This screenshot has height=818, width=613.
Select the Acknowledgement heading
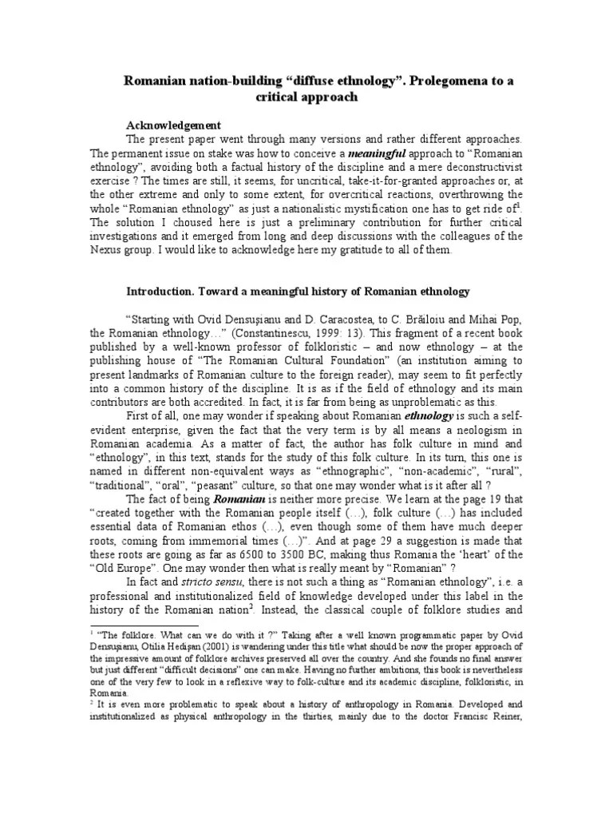174,125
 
